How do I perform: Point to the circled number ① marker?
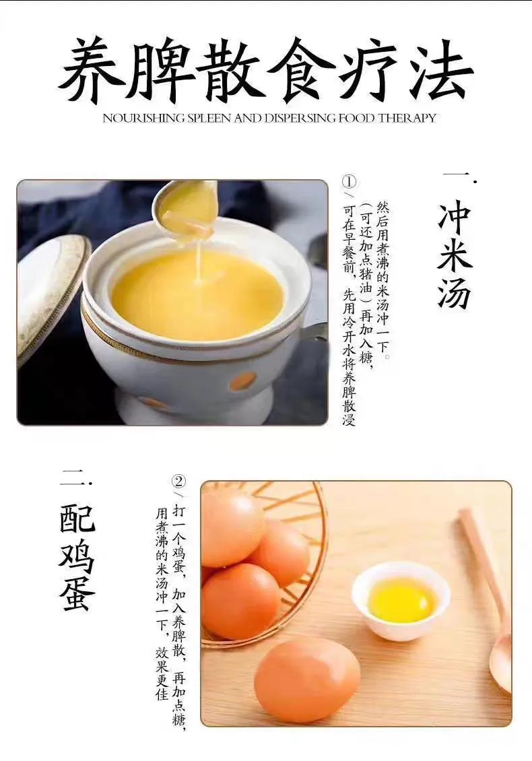(x=349, y=182)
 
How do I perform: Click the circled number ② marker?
(x=179, y=482)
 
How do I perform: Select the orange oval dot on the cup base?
(x=242, y=381)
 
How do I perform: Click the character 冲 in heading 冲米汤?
(x=455, y=214)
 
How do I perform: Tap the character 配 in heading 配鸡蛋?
(x=77, y=518)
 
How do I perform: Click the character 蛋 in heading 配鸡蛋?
(x=77, y=594)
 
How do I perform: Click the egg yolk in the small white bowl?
(x=401, y=601)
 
